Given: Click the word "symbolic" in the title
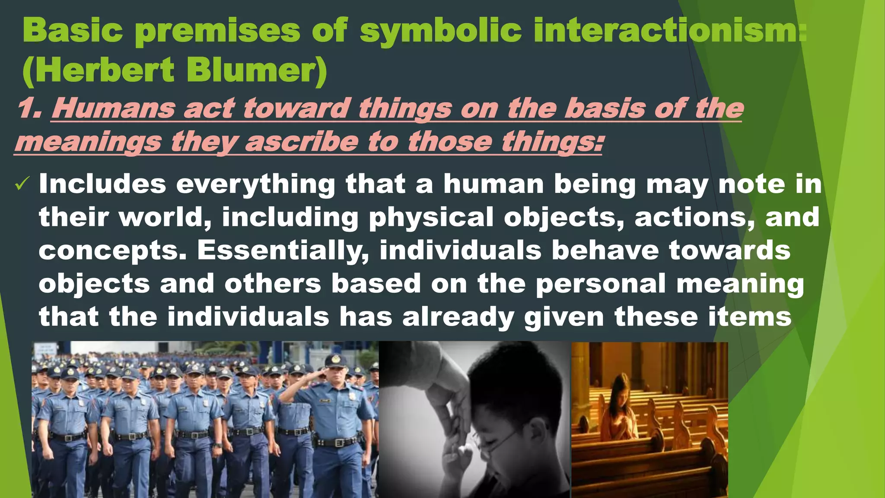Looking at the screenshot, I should [x=440, y=31].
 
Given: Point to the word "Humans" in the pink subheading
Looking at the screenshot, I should [x=113, y=108].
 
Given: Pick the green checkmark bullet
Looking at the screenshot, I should [x=22, y=184].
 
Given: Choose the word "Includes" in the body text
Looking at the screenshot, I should [x=102, y=184].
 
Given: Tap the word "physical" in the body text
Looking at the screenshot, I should [x=431, y=217].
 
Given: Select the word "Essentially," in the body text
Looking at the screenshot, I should [x=283, y=250].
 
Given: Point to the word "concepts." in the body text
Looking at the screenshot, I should [x=113, y=251].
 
